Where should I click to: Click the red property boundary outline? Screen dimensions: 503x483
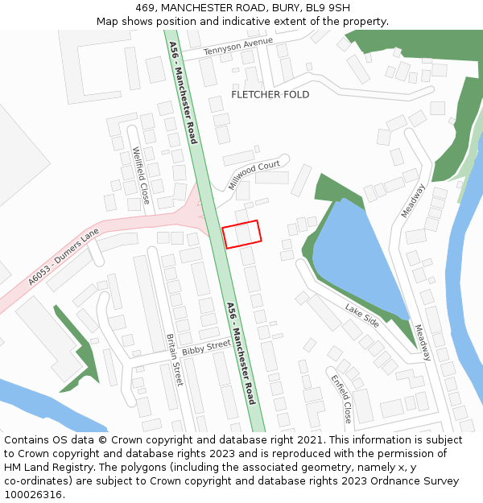tap(242, 233)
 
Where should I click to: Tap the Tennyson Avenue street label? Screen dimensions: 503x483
tap(238, 46)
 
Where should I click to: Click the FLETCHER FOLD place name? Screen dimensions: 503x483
tap(270, 95)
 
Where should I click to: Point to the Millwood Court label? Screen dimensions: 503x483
tap(254, 175)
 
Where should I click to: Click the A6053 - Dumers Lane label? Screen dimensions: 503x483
tap(63, 257)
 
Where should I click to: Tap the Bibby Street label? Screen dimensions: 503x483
tap(206, 348)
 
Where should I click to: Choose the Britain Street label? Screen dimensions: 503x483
tap(175, 360)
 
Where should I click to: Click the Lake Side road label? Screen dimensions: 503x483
tap(362, 315)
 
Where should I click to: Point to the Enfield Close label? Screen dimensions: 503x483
tap(341, 398)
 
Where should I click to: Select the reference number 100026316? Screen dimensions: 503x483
tap(34, 495)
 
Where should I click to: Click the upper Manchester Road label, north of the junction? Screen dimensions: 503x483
tap(184, 95)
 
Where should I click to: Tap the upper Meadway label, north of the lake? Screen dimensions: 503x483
tap(413, 200)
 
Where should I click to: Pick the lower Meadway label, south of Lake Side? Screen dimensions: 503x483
tap(423, 343)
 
